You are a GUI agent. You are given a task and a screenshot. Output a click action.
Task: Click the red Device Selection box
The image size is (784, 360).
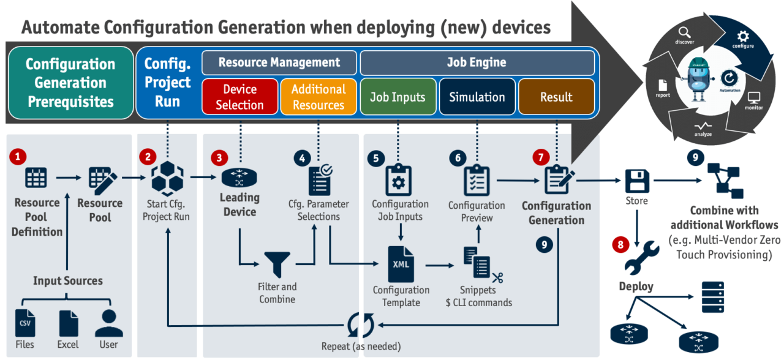point(239,97)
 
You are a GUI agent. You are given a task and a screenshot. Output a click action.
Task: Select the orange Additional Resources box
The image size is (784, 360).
point(318,97)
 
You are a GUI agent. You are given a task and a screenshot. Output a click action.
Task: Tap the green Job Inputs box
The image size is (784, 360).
point(398,97)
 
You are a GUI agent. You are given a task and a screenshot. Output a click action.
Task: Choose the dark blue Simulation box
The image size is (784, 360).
point(477,97)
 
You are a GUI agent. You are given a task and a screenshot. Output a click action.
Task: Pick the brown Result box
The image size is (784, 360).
point(556,97)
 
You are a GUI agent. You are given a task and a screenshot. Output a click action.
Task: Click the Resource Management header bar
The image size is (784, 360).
point(279,62)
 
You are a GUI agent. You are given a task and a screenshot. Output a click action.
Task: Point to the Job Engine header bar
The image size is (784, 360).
point(477,62)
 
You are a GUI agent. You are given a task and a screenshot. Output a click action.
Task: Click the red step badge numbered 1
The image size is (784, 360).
point(18,157)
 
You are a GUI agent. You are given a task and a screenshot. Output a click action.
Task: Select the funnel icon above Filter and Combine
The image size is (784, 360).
point(276,264)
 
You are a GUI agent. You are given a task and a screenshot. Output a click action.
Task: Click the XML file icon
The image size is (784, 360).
point(401,264)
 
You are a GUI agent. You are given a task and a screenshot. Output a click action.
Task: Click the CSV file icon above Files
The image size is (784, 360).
point(25,323)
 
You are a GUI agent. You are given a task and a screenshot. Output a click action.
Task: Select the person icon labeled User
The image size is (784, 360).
point(108,322)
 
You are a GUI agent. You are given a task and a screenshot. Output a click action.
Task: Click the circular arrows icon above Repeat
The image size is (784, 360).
point(360,325)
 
